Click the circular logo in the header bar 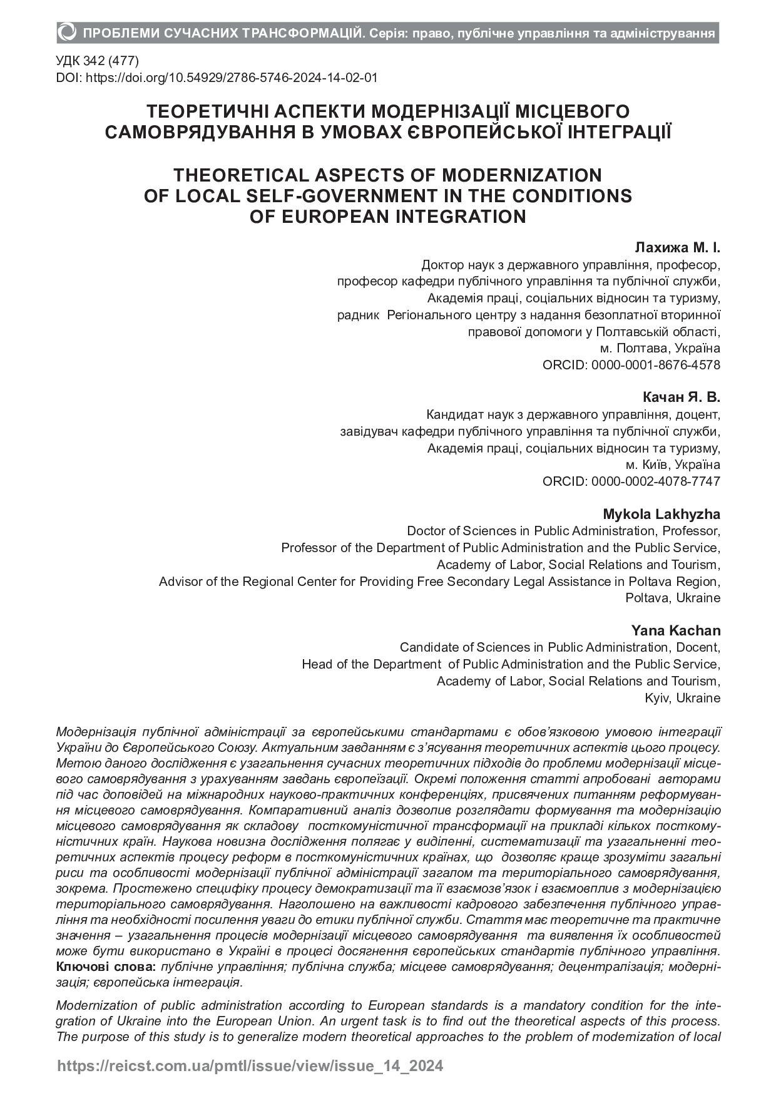point(68,32)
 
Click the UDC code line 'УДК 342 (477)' point(97,61)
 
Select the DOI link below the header point(217,78)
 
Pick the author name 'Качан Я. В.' point(682,398)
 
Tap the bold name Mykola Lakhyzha point(661,515)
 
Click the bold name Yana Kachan point(675,630)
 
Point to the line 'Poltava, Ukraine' point(673,598)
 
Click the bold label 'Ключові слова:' point(106,967)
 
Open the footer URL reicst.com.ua point(250,1066)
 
